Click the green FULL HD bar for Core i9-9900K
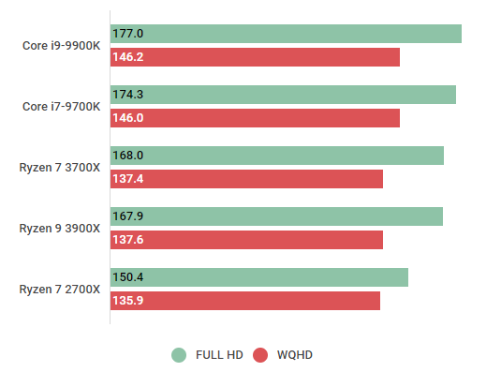286,34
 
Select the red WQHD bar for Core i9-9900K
255,57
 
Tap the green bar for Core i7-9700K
283,95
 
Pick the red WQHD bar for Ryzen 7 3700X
246,179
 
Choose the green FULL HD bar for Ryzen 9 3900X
276,216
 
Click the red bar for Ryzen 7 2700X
245,301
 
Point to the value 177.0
127,34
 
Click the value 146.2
127,57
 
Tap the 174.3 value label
127,95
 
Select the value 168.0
127,156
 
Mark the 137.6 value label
127,240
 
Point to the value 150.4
127,277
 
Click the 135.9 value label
127,301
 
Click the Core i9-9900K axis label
61,46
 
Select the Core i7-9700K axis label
61,107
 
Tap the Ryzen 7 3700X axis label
59,168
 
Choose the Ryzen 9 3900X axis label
59,229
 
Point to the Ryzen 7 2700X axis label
59,290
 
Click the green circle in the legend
179,355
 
